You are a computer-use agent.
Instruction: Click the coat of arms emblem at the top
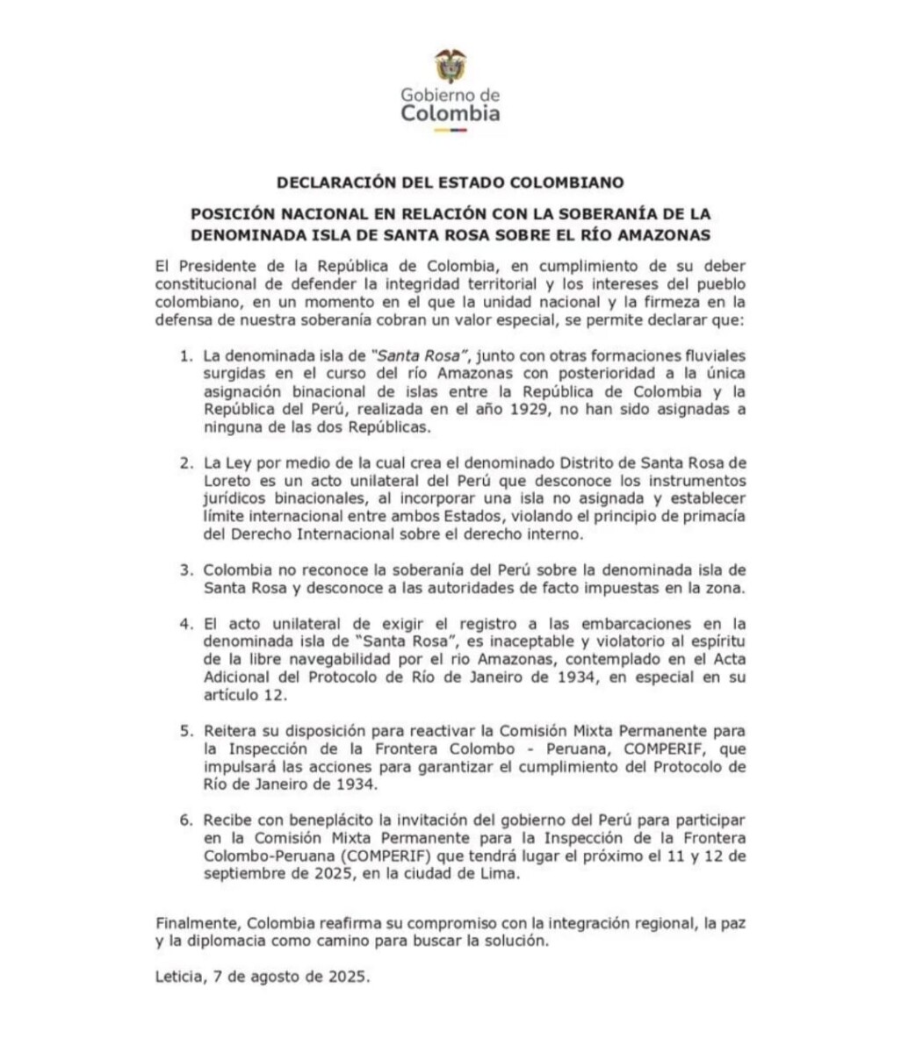pos(450,66)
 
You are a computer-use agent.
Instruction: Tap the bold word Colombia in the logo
pos(450,113)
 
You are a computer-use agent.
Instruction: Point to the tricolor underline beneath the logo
pos(450,130)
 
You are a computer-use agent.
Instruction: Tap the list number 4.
pos(185,624)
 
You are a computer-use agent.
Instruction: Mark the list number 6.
pos(185,820)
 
